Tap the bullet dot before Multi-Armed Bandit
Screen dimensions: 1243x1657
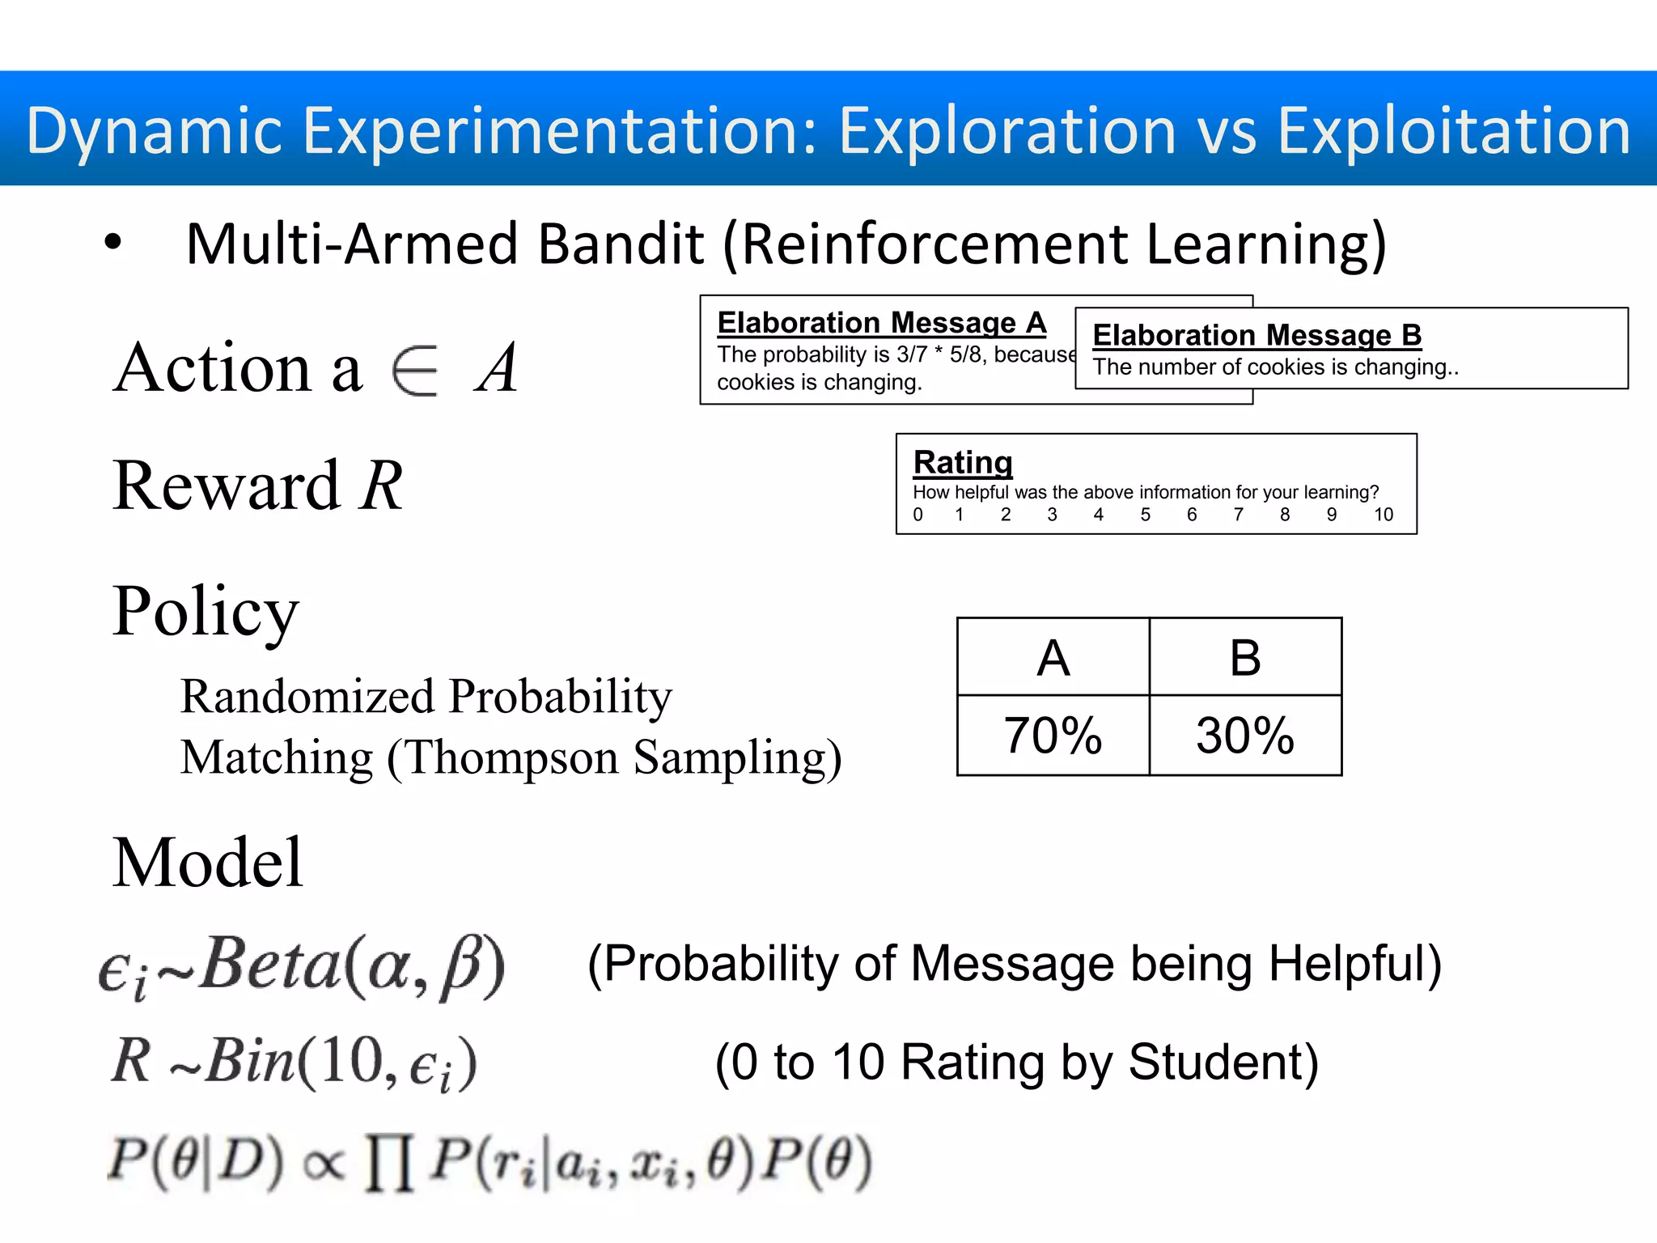point(113,243)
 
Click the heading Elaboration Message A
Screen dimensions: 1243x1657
point(881,323)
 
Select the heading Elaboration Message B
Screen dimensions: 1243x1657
point(1257,335)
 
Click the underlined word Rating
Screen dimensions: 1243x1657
point(963,462)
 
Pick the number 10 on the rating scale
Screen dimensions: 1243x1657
point(1383,515)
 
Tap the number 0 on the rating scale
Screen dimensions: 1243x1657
point(917,515)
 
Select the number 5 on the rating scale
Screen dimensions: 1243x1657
point(1145,515)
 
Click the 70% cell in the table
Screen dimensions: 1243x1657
point(1053,735)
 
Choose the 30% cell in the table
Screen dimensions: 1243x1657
point(1245,735)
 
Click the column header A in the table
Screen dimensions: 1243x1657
point(1053,657)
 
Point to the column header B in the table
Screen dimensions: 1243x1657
point(1245,657)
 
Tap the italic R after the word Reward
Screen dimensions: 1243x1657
point(381,486)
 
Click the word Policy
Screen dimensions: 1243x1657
point(206,612)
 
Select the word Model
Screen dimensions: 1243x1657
point(207,863)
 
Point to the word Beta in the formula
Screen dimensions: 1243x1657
point(271,963)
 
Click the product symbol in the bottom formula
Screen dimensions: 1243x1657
point(389,1162)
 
